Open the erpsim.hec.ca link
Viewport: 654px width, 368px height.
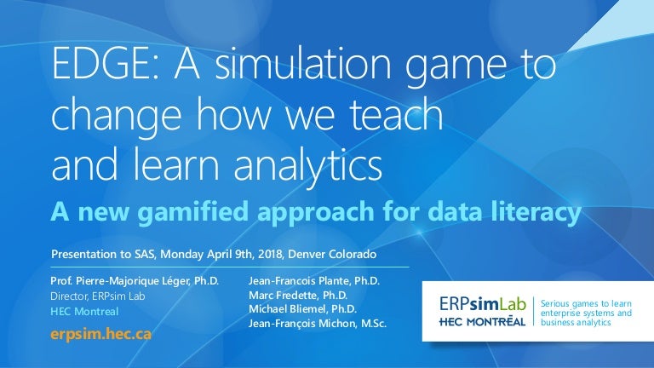(x=101, y=333)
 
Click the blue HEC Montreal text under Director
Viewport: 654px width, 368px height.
(x=83, y=312)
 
